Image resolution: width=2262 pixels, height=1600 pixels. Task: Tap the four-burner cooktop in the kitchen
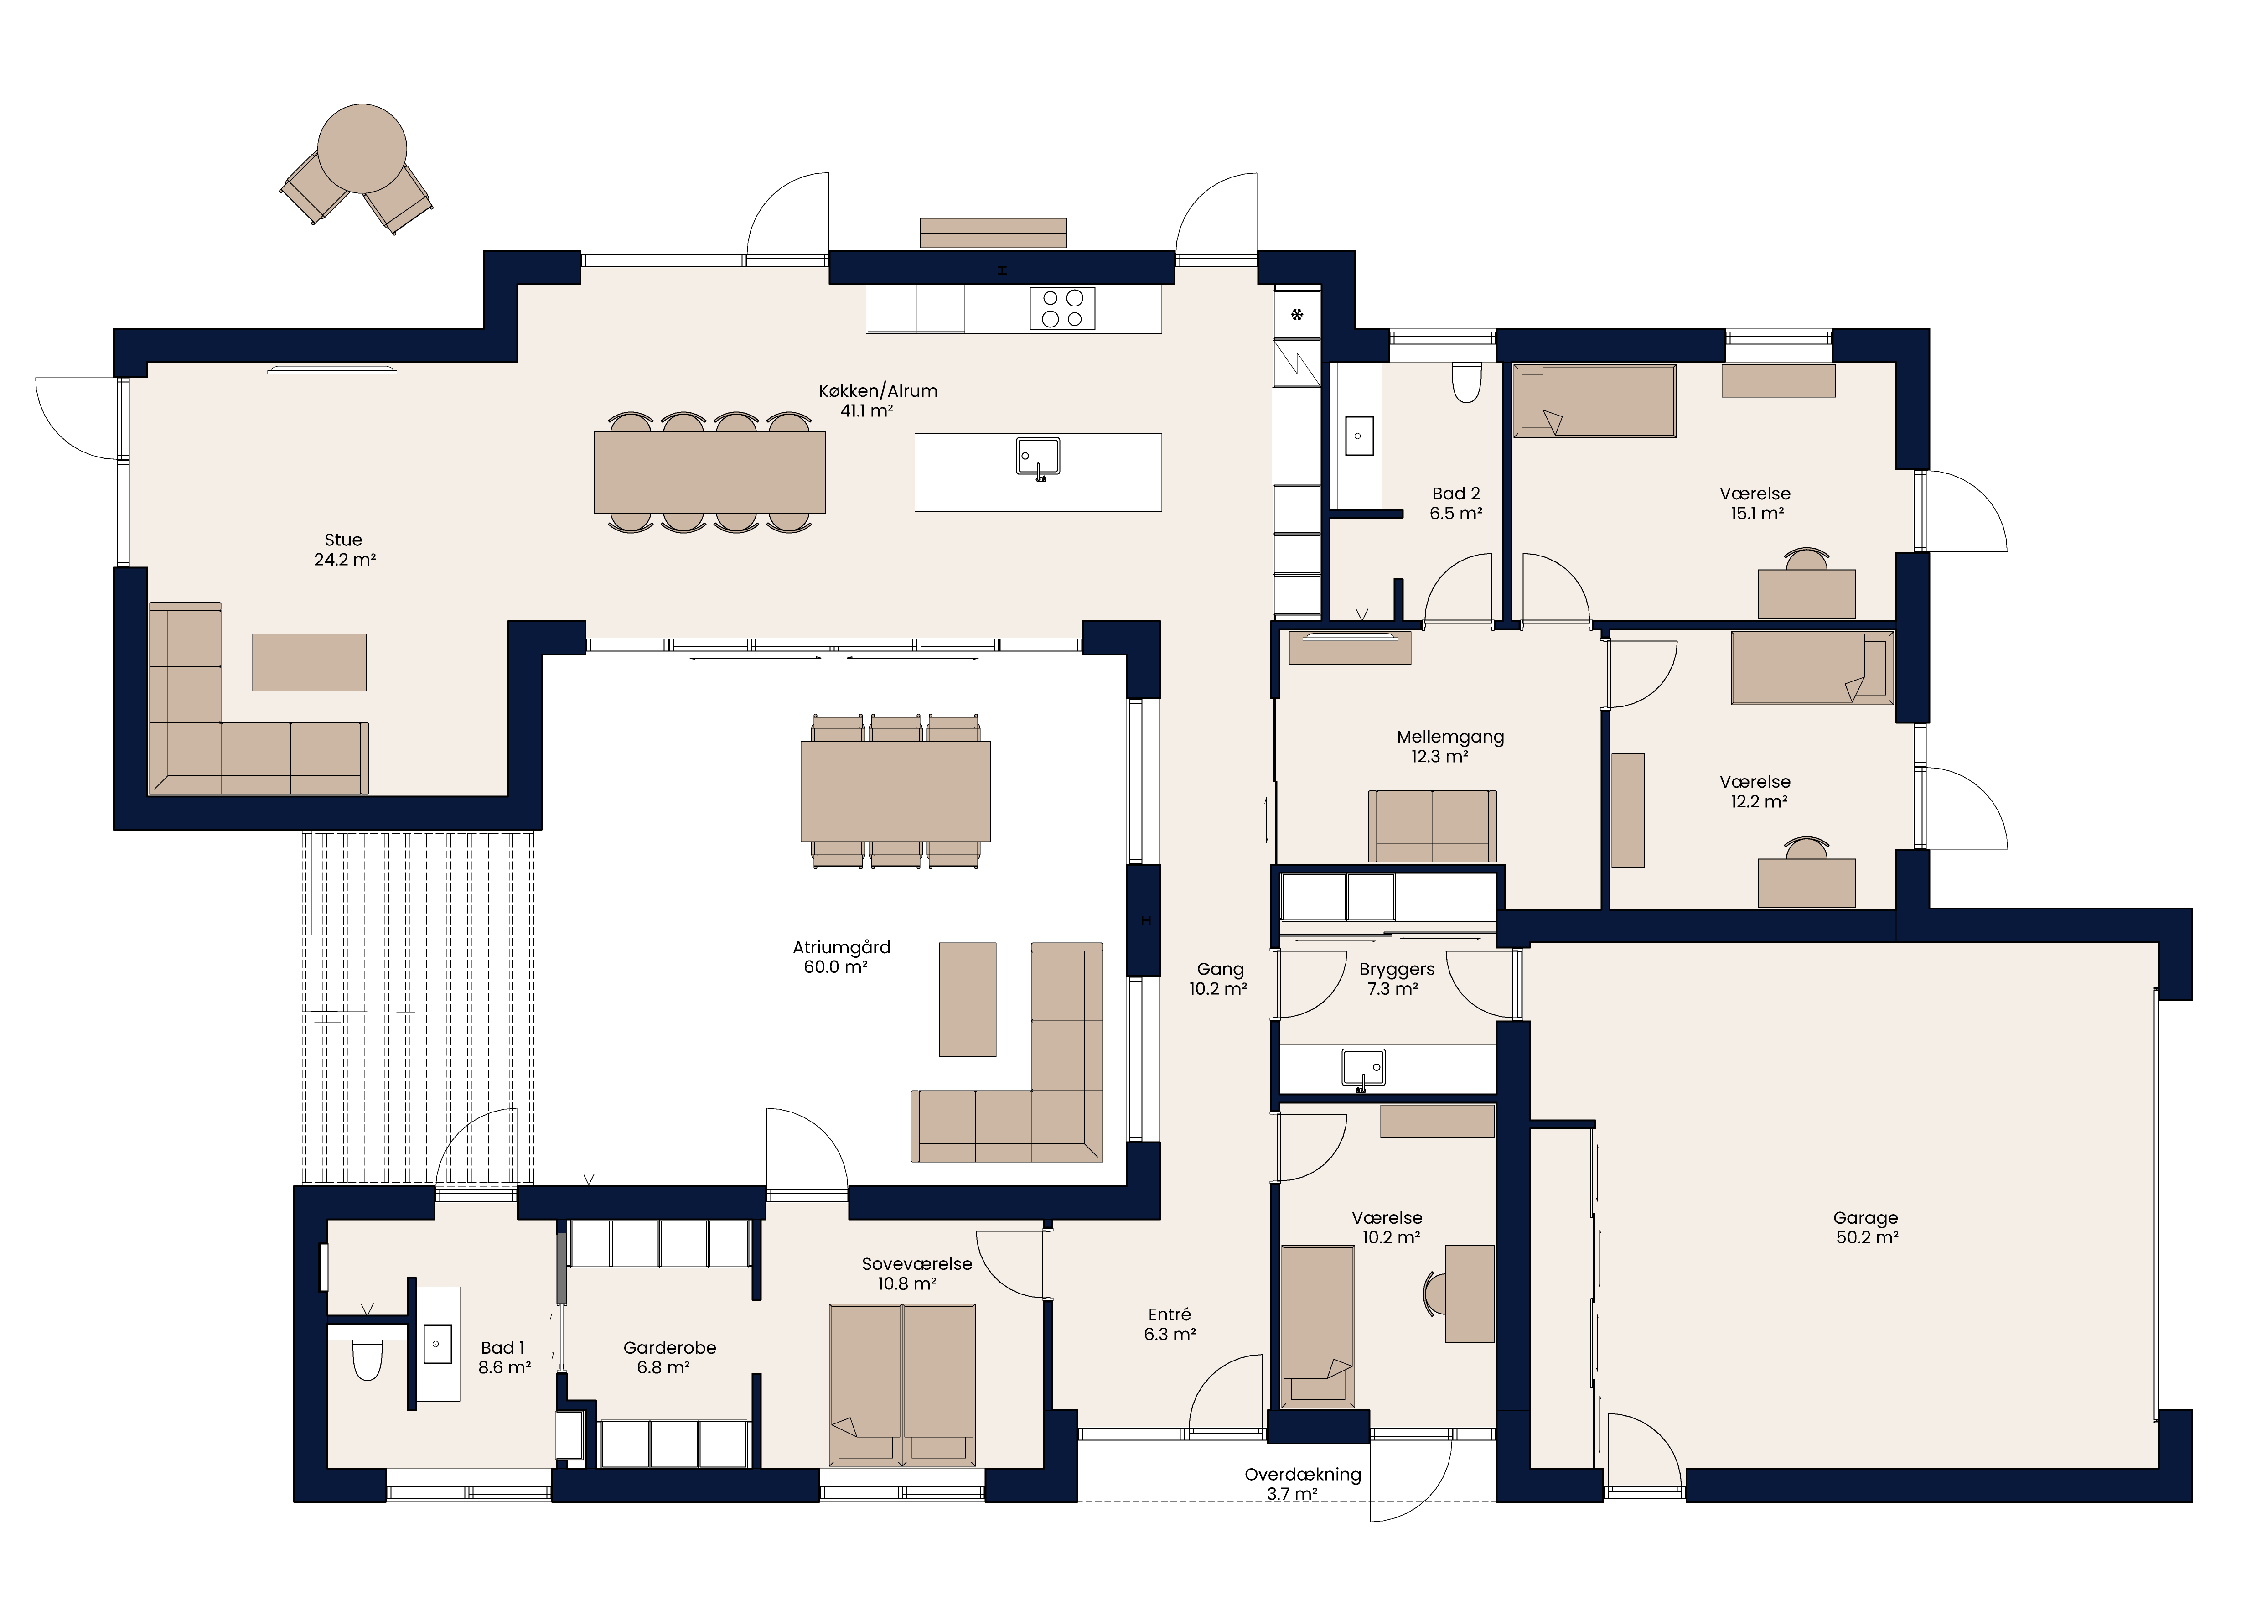[1062, 307]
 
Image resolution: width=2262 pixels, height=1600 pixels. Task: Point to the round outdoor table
[362, 149]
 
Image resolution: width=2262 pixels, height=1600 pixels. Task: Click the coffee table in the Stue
[309, 662]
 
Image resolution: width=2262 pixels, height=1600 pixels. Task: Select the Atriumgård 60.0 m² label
[840, 956]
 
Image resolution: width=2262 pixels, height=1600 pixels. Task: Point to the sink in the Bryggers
[1362, 1070]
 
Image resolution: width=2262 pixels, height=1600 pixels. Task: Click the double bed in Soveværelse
[902, 1383]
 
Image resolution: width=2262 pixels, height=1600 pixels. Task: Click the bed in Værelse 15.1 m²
[1594, 401]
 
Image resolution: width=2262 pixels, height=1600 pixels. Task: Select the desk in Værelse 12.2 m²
[1807, 883]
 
